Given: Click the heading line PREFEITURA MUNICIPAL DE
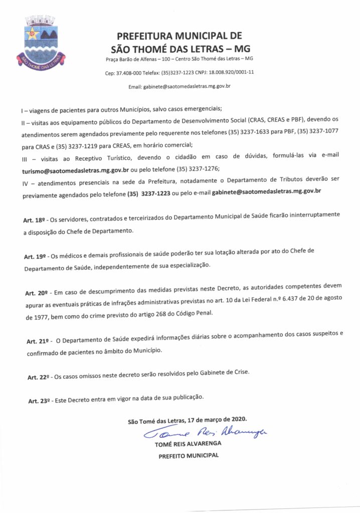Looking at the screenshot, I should [179, 36].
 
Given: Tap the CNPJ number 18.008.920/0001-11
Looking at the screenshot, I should [231, 72].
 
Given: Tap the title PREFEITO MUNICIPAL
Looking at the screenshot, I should [189, 456].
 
